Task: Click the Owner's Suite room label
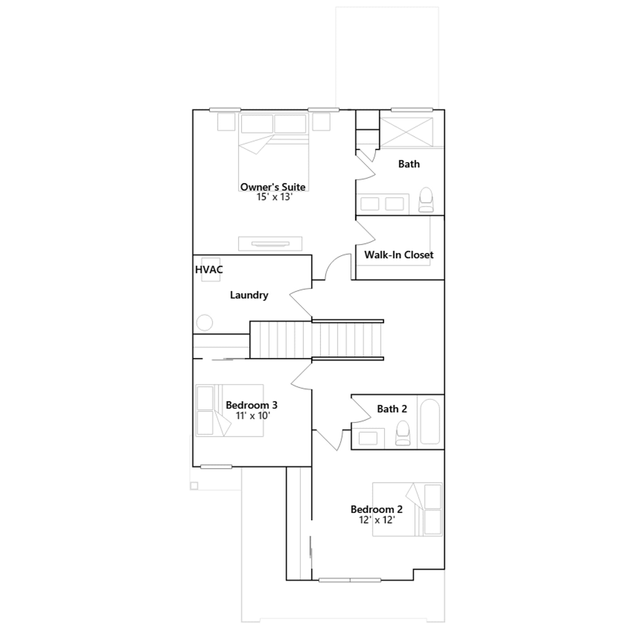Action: pos(273,187)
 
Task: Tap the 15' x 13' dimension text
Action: pos(274,197)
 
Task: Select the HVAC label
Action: pos(209,269)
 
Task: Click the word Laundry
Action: pos(249,295)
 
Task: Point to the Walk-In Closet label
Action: pos(399,255)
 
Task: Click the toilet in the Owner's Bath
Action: pos(426,199)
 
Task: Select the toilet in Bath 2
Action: pos(403,433)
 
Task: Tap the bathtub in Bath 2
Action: pos(430,422)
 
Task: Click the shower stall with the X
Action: pos(406,132)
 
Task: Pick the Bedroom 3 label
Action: pos(252,405)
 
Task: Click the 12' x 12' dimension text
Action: pos(377,520)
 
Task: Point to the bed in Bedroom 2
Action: pos(407,509)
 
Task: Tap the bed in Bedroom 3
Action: pos(229,410)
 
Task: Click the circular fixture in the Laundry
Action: pos(205,322)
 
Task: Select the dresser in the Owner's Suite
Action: pos(270,244)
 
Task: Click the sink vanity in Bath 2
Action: pos(368,438)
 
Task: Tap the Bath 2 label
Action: pos(392,409)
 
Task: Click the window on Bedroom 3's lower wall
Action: pos(216,467)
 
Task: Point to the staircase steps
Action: pos(316,340)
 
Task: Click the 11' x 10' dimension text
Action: pos(253,416)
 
